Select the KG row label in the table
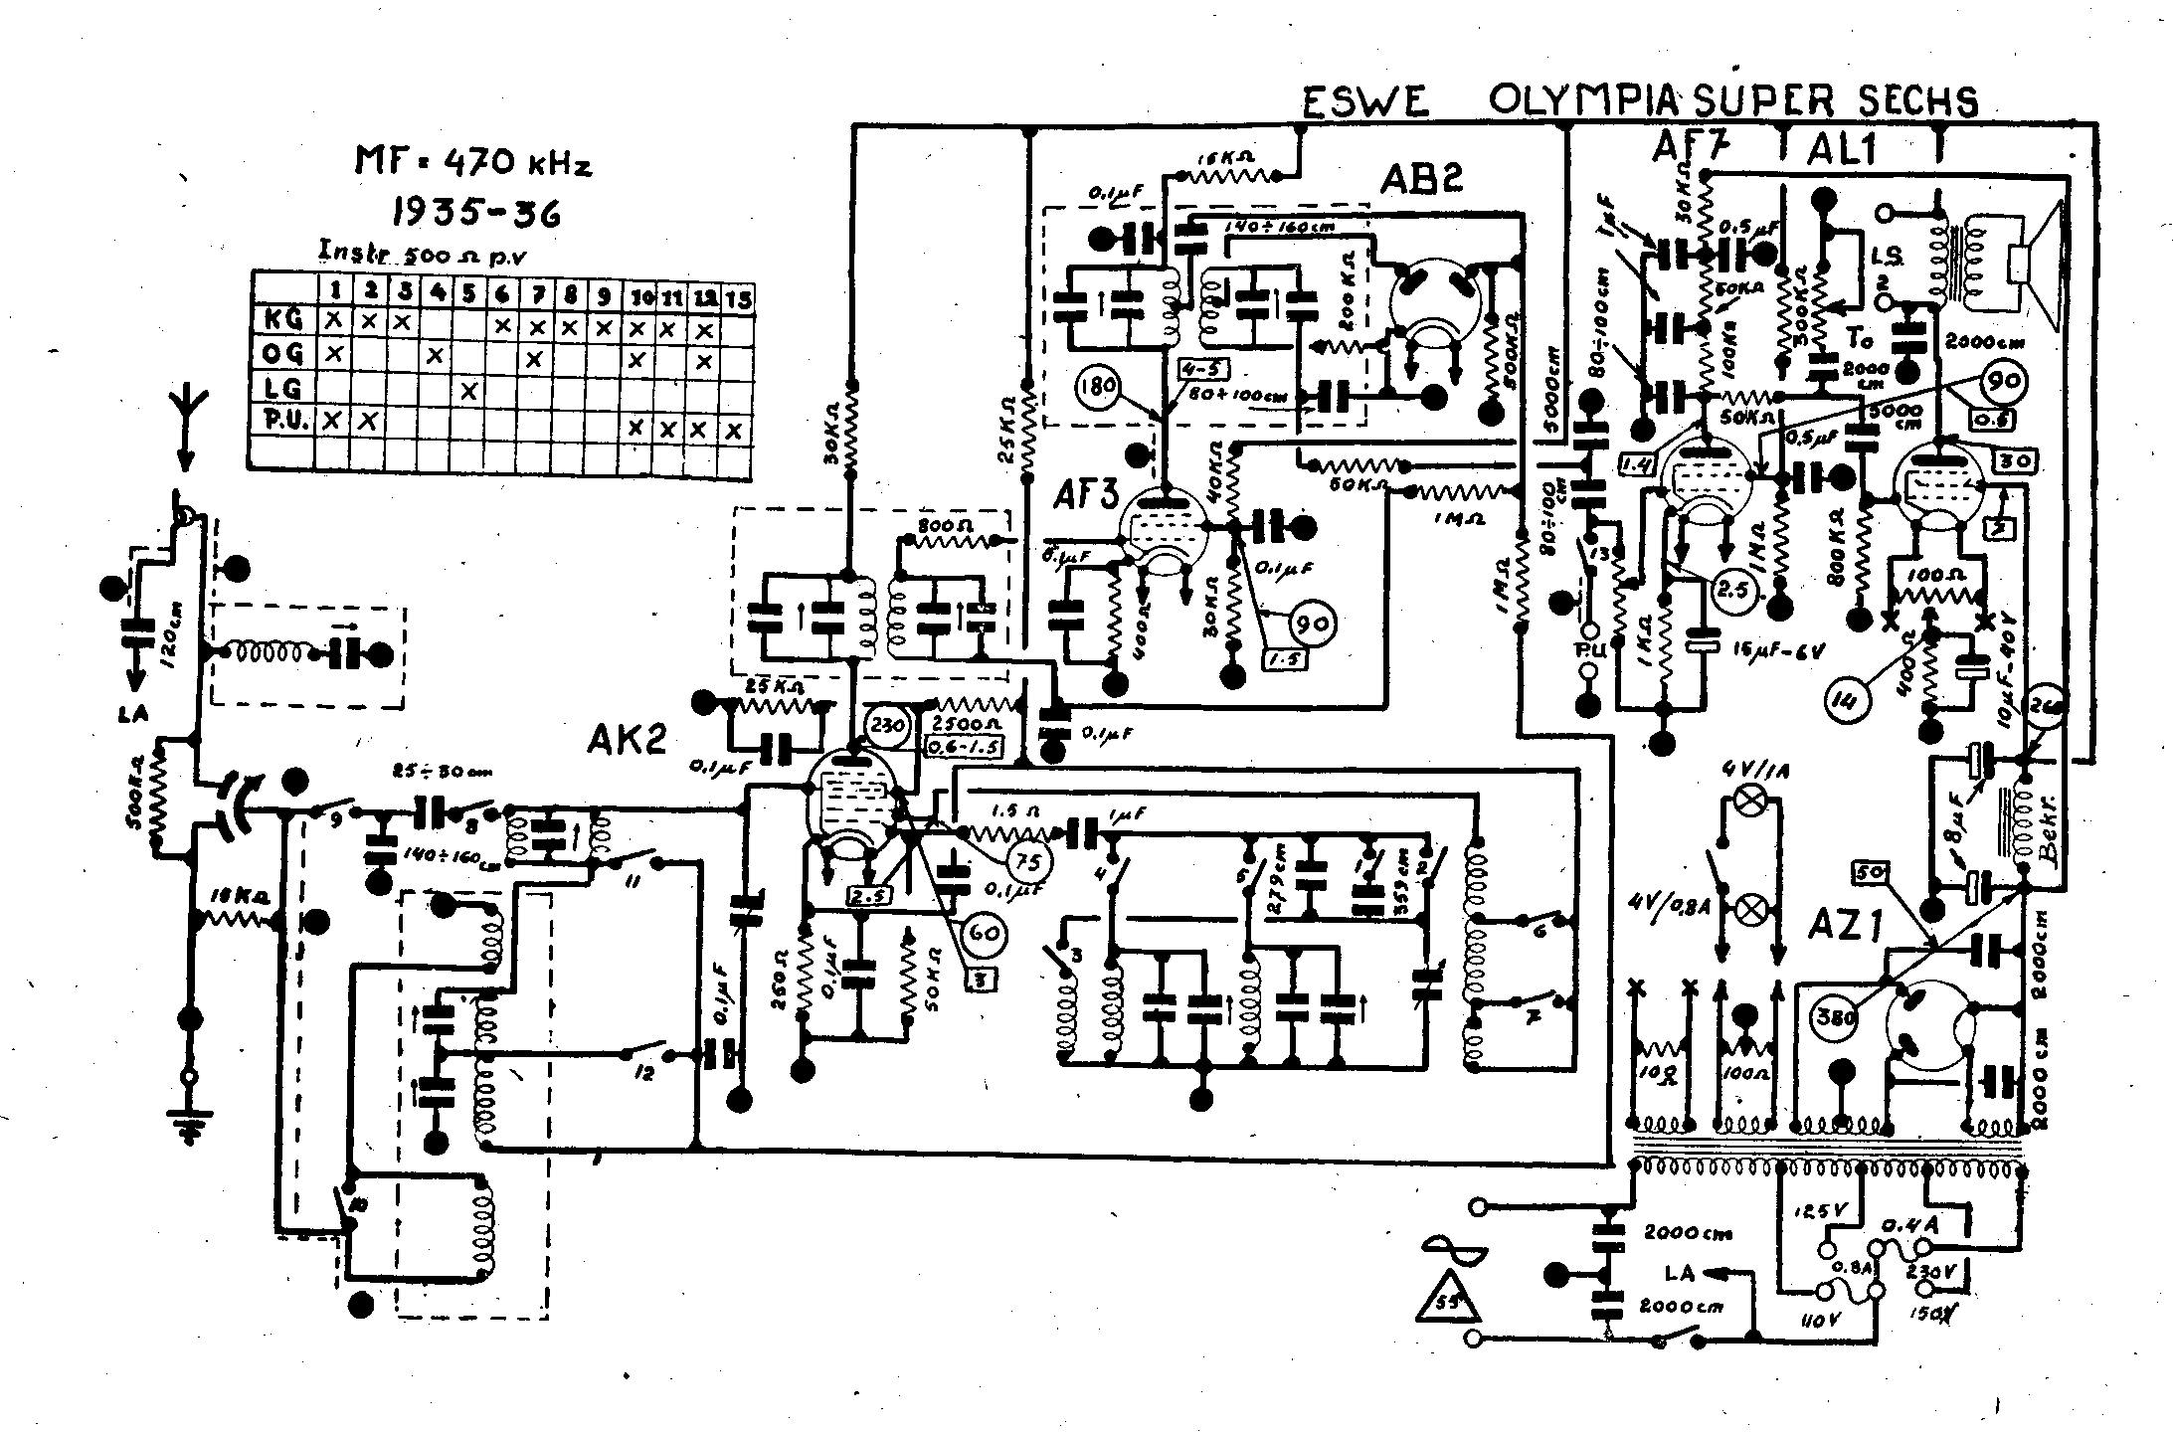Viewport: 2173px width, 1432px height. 282,321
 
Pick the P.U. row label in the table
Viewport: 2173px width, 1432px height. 282,423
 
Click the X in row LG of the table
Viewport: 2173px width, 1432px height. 469,390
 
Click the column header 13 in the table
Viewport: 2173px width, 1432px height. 738,297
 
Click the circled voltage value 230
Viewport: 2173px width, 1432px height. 887,725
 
